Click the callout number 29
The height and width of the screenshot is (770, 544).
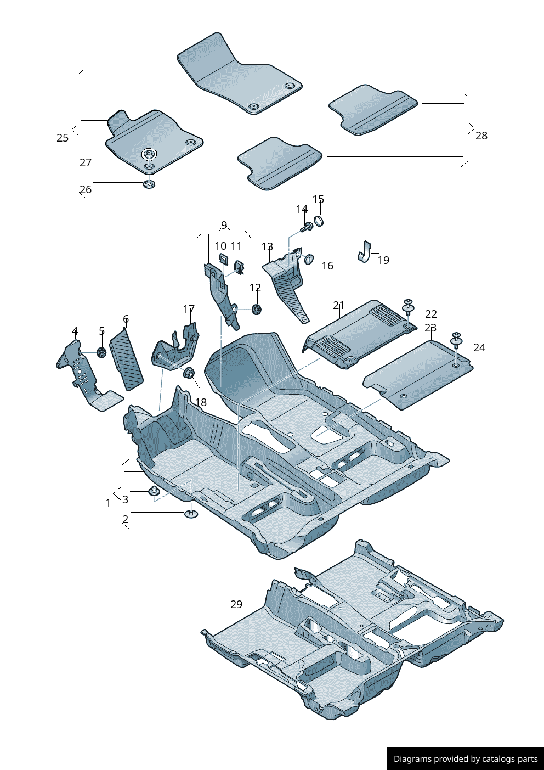click(x=236, y=604)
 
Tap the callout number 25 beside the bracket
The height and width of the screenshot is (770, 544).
click(x=63, y=138)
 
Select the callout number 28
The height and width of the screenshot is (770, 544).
click(x=481, y=136)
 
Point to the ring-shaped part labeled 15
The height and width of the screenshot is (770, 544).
click(x=318, y=221)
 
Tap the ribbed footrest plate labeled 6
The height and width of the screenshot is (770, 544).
click(x=127, y=359)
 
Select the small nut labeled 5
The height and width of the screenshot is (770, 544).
click(x=101, y=352)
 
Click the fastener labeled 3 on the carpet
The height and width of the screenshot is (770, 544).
click(x=154, y=490)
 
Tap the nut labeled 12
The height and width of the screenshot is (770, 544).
click(x=256, y=310)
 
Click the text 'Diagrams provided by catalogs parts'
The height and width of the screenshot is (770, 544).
click(x=466, y=759)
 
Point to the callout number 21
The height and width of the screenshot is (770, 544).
click(x=338, y=306)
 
